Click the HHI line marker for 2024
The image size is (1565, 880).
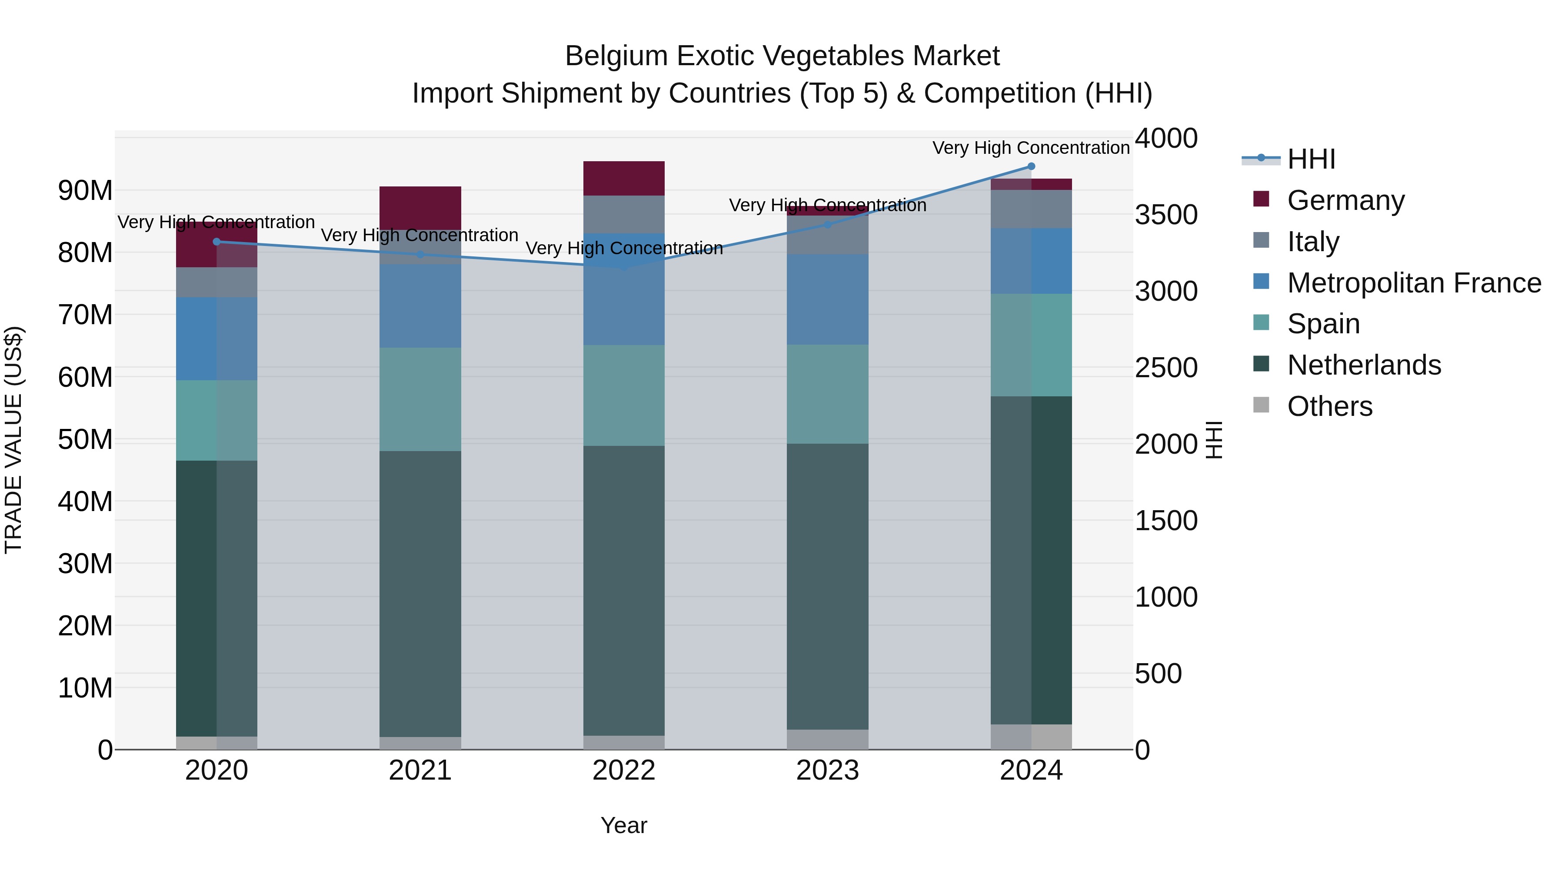coord(1031,166)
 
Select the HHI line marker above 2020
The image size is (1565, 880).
coord(217,242)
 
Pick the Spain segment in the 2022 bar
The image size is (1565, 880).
coord(624,395)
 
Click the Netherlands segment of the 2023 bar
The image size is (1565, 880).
coord(827,586)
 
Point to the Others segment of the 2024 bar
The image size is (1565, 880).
coord(1031,737)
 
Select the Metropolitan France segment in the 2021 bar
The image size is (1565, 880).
coord(420,306)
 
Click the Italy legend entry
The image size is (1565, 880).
coord(1312,242)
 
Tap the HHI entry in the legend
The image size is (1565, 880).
coord(1310,159)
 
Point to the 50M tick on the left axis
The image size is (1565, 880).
coord(85,440)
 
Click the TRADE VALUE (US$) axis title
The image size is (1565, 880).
coord(13,440)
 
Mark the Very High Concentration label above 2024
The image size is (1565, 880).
coord(1031,148)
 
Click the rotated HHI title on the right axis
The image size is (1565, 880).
coord(1213,440)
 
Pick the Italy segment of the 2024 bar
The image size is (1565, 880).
coord(1031,209)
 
